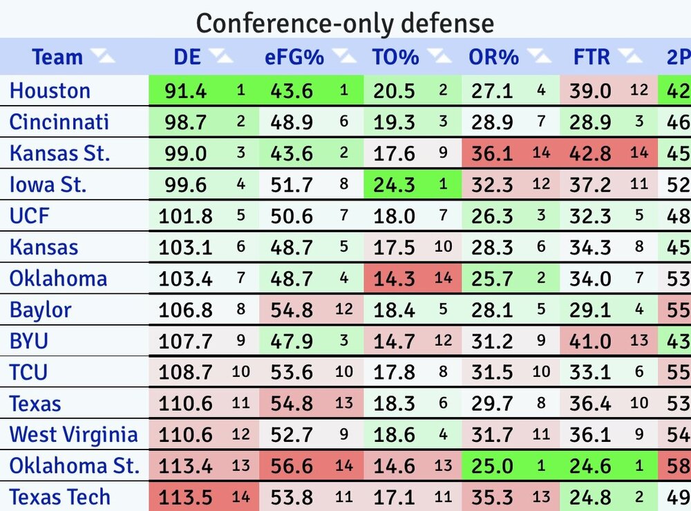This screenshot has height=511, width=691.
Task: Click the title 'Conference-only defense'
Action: [x=345, y=24]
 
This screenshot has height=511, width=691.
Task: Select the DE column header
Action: [x=187, y=57]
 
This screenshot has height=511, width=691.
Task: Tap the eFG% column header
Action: [x=294, y=57]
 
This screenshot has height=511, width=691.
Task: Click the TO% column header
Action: [x=395, y=57]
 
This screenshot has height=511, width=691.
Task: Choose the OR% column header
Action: [x=493, y=57]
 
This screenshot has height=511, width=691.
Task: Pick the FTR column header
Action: [x=591, y=57]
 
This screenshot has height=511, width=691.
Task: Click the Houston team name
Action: [x=50, y=91]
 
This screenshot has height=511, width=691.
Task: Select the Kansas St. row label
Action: [x=59, y=154]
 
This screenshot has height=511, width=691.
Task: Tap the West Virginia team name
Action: [x=74, y=435]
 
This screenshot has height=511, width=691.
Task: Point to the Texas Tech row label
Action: [x=59, y=497]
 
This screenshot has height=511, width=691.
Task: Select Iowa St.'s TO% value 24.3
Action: [x=394, y=185]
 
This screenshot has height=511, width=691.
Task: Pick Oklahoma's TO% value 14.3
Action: [x=394, y=279]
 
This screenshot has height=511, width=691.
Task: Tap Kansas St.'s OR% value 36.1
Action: [x=492, y=154]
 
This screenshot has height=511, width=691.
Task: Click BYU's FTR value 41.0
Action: [x=590, y=341]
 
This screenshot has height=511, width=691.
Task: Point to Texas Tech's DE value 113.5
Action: [x=186, y=497]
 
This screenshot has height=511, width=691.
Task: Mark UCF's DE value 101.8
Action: [x=186, y=216]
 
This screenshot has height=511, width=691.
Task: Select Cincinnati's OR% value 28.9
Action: [x=492, y=122]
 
